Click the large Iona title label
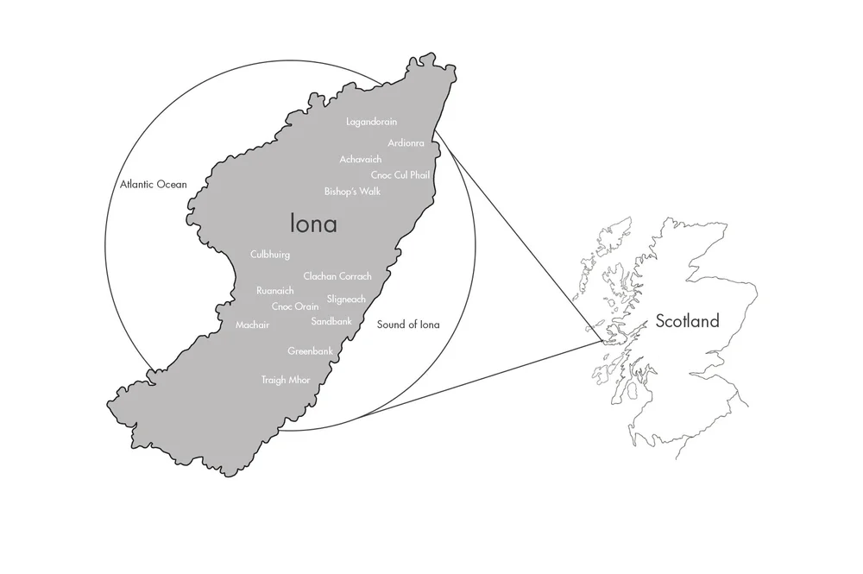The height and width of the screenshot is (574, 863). [x=313, y=224]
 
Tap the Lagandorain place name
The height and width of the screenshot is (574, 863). [x=371, y=122]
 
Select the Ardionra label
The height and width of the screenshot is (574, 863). [x=406, y=142]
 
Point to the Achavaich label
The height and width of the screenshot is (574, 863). [x=362, y=159]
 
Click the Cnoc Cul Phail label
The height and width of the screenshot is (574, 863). [x=400, y=175]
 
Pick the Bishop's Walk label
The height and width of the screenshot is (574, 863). [x=352, y=191]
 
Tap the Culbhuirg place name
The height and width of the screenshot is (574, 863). [x=270, y=255]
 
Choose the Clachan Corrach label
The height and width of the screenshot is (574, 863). [x=337, y=276]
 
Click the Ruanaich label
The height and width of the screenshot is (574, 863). [x=275, y=291]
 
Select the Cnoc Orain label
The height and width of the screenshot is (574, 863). [x=295, y=306]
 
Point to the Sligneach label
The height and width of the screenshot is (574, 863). [x=346, y=299]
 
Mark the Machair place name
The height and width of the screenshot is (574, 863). [x=253, y=325]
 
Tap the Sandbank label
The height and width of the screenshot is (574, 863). [x=331, y=320]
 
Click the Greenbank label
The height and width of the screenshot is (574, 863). [x=310, y=351]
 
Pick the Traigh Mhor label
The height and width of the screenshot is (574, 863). [x=286, y=380]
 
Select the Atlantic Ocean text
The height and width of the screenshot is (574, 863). [x=154, y=184]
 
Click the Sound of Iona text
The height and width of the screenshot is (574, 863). [x=408, y=325]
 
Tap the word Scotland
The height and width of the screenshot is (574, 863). [x=687, y=322]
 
